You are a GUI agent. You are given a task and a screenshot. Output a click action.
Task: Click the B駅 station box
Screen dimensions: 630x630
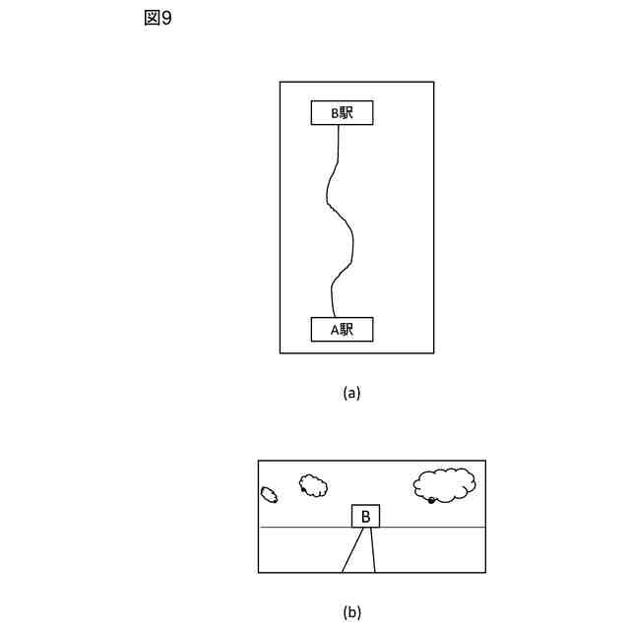pos(342,113)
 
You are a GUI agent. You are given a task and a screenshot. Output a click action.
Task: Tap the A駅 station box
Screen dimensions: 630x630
pos(342,330)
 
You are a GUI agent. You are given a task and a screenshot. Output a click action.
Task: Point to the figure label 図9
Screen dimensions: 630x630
pos(157,19)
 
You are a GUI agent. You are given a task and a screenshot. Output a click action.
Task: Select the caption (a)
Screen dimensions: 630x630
pos(351,393)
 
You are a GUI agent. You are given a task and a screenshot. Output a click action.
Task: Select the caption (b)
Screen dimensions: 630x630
pos(351,612)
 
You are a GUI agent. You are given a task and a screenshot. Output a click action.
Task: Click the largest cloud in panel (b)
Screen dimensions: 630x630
pos(445,483)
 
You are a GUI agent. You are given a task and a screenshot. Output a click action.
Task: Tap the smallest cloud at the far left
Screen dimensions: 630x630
pos(269,494)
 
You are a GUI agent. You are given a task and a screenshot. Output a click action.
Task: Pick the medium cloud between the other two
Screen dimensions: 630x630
pos(313,485)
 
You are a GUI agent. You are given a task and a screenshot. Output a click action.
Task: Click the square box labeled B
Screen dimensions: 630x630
pos(365,517)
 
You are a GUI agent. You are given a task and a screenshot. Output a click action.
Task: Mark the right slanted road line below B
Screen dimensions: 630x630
pos(372,550)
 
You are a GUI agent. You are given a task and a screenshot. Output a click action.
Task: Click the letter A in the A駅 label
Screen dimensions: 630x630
pos(334,330)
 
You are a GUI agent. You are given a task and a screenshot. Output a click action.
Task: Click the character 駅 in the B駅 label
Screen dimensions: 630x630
pos(347,113)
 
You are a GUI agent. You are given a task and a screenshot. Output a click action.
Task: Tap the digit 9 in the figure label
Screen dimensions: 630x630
pos(166,19)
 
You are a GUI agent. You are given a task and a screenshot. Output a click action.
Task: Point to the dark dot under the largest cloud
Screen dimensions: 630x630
pos(431,501)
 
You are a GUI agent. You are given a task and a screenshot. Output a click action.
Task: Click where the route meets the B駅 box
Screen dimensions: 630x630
pos(339,125)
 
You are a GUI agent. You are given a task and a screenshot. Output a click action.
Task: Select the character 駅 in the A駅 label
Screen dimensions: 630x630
pos(347,330)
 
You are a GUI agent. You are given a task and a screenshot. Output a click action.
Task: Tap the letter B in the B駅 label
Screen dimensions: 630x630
pos(334,113)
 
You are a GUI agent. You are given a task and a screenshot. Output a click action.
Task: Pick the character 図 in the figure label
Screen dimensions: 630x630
pos(152,19)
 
